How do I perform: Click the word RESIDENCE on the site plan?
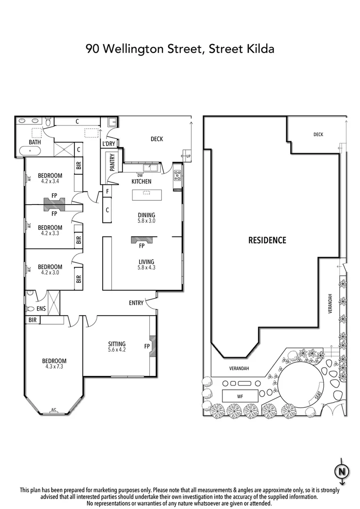pos(267,240)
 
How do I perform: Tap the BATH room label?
pos(34,142)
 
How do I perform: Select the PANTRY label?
pos(112,162)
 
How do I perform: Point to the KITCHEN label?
pos(141,181)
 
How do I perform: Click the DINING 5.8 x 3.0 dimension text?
pos(146,221)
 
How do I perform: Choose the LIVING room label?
pos(146,262)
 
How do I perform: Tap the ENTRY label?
pos(136,303)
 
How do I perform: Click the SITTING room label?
pos(116,344)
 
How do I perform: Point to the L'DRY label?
pos(108,144)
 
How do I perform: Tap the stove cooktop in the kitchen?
pos(178,176)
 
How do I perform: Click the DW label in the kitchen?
pos(140,175)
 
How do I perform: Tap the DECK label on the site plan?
pos(318,134)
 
